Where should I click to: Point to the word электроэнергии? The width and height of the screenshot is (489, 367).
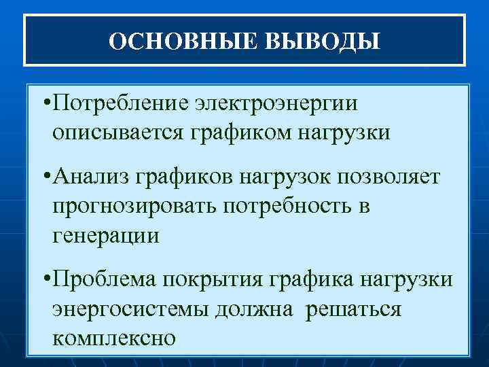point(277,105)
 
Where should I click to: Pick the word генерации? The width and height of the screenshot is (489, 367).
point(105,236)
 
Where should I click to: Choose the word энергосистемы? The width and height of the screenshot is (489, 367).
point(130,309)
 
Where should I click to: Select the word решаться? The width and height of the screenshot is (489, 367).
point(354,309)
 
